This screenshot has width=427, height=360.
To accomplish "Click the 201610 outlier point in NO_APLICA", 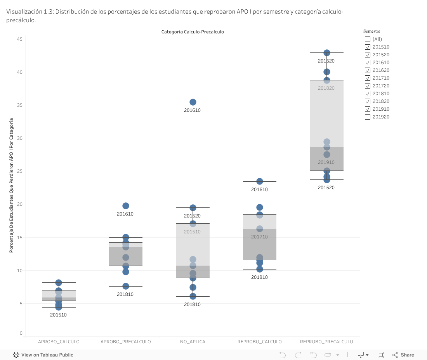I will tap(193, 102).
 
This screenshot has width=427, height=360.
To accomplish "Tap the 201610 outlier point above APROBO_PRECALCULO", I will tap(126, 206).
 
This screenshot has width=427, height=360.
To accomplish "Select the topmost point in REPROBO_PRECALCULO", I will tap(327, 53).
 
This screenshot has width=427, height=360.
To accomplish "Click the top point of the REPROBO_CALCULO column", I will tap(260, 181).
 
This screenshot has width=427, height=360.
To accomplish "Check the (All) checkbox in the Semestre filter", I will tap(368, 39).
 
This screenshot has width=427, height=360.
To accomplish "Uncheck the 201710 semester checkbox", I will tap(368, 78).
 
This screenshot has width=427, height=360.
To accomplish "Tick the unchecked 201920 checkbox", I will tap(368, 117).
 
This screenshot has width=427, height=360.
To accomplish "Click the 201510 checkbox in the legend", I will tap(368, 47).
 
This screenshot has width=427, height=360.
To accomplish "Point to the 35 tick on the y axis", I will tap(19, 105).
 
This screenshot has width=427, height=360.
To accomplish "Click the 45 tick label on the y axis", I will tap(19, 39).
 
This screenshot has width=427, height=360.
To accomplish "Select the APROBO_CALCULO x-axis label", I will tap(59, 342).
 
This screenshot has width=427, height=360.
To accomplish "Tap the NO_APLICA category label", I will tap(193, 342).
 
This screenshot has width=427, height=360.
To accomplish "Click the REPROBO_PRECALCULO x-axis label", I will tap(326, 342).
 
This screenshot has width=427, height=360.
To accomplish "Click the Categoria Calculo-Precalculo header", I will tap(193, 32).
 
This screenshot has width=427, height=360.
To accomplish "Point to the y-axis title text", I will tap(11, 186).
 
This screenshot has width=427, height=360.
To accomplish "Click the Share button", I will tap(403, 355).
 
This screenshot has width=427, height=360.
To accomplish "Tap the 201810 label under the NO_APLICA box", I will tap(192, 304).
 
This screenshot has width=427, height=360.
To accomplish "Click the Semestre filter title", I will tap(371, 31).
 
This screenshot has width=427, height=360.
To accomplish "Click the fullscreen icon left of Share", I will tap(381, 355).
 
